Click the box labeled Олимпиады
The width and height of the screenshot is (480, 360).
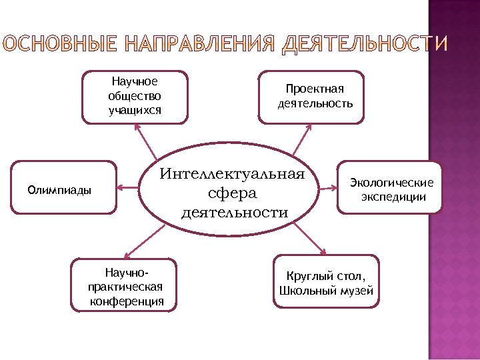pyautogui.click(x=63, y=187)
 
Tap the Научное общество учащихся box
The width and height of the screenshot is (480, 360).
pyautogui.click(x=135, y=97)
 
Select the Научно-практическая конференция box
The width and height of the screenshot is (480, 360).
pyautogui.click(x=126, y=285)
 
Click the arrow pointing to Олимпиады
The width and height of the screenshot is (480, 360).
pyautogui.click(x=128, y=187)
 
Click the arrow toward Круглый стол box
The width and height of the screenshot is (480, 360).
pyautogui.click(x=310, y=239)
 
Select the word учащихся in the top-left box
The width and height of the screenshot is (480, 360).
pyautogui.click(x=135, y=109)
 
